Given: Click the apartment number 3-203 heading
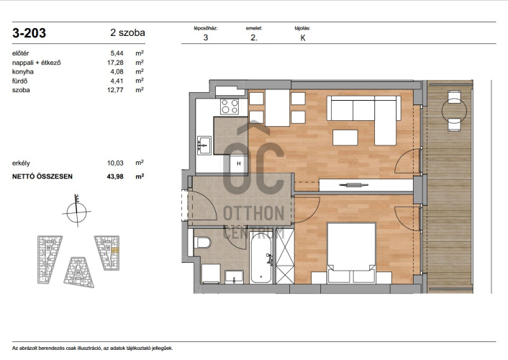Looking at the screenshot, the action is click(x=30, y=33).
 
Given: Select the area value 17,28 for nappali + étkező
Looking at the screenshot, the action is click(x=115, y=63).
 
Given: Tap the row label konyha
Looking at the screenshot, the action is click(x=23, y=72).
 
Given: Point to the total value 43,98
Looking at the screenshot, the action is click(x=115, y=176).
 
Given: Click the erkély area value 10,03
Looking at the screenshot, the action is click(x=115, y=163).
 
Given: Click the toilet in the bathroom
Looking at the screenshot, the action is click(x=204, y=242).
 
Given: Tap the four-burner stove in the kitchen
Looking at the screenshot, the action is click(x=230, y=107).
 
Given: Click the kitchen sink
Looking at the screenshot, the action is click(x=204, y=145).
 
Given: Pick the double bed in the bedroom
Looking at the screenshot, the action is click(x=352, y=252).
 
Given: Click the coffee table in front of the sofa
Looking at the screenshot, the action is click(x=345, y=138).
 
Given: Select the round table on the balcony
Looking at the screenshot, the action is click(x=454, y=112).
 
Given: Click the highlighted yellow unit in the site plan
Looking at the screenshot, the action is click(x=115, y=250).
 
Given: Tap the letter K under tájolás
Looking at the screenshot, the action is click(x=303, y=38).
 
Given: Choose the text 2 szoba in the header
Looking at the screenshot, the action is click(x=127, y=32).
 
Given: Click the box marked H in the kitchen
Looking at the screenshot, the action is click(x=238, y=163).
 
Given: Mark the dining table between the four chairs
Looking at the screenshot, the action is click(x=277, y=107).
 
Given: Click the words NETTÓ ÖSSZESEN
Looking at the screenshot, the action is click(x=42, y=176).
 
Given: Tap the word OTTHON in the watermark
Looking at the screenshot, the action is click(x=254, y=213).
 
